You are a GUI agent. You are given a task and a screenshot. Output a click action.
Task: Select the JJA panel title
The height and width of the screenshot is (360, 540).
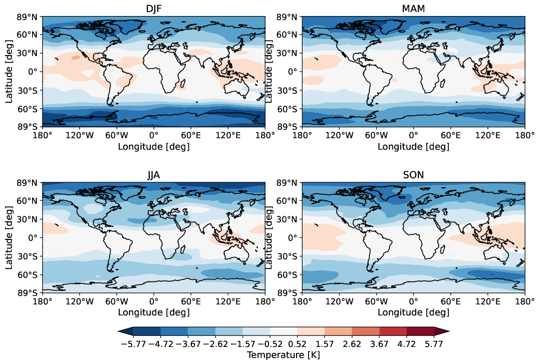[153, 175]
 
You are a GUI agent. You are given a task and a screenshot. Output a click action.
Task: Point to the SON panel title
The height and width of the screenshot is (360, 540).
[413, 175]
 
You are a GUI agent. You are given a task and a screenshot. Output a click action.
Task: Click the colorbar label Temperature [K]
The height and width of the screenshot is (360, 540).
[284, 354]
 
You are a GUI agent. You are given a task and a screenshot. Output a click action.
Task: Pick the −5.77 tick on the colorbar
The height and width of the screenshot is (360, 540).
[133, 344]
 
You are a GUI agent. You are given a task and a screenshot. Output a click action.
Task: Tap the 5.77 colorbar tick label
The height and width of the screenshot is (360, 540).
[434, 344]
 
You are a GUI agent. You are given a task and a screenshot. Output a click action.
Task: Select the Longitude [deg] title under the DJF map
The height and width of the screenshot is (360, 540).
[153, 147]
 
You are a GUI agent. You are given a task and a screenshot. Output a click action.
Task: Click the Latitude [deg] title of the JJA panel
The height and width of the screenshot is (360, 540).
[9, 238]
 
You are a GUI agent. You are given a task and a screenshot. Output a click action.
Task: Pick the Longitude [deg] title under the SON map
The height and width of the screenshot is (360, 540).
[413, 313]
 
